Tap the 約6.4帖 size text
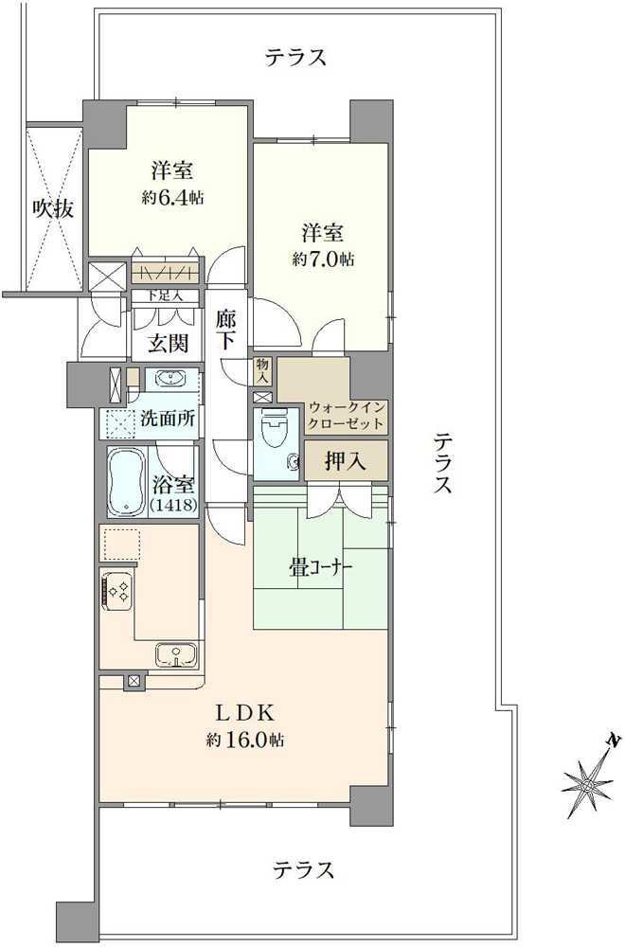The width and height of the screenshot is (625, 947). pos(172,197)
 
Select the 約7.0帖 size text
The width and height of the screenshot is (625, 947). pos(324,259)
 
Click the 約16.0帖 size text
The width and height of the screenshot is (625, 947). pos(245,740)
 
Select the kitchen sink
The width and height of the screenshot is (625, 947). pos(175,654)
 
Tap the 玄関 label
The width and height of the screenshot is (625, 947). pos(169,343)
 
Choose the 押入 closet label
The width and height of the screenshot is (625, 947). pos(345,462)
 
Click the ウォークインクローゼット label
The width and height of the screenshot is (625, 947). pos(346,416)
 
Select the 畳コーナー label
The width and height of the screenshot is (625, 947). pos(321,567)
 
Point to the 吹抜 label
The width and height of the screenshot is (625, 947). pos(54,209)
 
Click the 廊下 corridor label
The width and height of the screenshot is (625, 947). pos(226,331)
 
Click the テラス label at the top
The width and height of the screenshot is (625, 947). pos(295,58)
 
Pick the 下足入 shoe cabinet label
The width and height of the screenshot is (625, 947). pos(165,296)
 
